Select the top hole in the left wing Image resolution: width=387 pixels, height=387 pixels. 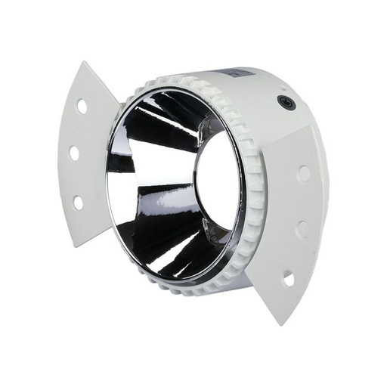pos(82,107)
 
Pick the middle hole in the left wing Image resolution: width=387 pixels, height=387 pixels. pos(74,153)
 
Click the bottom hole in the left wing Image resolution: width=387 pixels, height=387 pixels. pos(78,202)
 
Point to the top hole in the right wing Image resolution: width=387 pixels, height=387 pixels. pos(304,174)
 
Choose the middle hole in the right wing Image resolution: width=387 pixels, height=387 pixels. pos(302,228)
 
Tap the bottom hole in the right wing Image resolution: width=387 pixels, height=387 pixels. pos(288,279)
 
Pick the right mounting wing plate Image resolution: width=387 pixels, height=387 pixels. pos(291,219)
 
